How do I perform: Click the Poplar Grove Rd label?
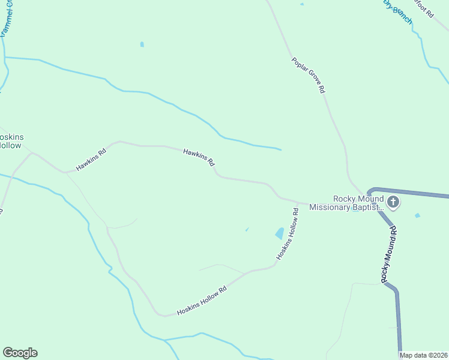click(x=309, y=75)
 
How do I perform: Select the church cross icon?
click(x=393, y=202)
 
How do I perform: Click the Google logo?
click(x=20, y=353)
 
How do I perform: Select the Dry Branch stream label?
click(x=399, y=11)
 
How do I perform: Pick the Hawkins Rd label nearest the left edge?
click(x=91, y=159)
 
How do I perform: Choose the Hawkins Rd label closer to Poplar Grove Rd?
click(x=199, y=158)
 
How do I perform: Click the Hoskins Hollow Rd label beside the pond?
click(x=288, y=235)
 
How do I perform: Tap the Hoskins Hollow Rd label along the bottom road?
click(x=202, y=301)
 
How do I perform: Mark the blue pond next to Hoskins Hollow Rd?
click(x=280, y=233)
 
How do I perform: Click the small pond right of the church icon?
click(x=417, y=215)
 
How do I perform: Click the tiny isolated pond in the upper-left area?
click(x=142, y=44)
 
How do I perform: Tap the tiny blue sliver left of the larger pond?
click(x=247, y=229)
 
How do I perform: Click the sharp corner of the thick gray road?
click(x=370, y=191)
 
